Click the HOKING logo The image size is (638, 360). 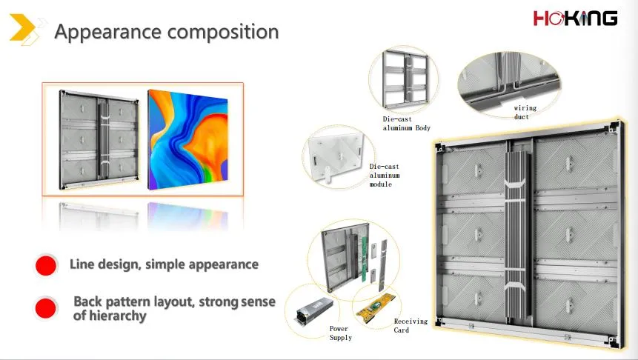(575, 19)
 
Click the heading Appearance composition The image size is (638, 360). (167, 33)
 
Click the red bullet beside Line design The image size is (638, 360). (46, 265)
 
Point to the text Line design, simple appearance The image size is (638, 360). (164, 264)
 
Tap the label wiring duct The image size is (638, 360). (525, 113)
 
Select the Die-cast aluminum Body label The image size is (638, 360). (406, 123)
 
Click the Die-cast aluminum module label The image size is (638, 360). (385, 176)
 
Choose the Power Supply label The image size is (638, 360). (340, 333)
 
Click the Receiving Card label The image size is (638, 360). (411, 325)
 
